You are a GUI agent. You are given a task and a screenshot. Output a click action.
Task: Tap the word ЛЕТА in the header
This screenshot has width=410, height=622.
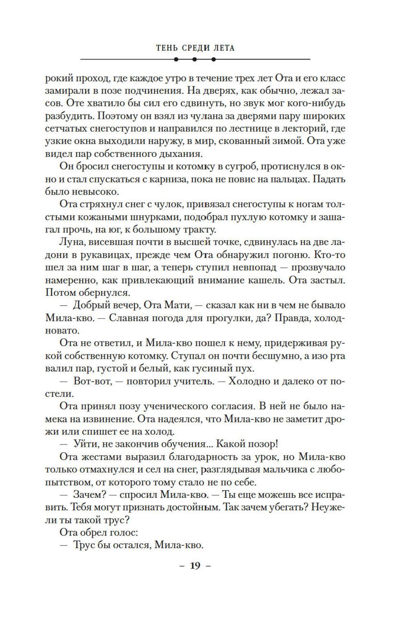224,48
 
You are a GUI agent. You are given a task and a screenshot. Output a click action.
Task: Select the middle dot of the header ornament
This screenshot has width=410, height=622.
195,59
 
